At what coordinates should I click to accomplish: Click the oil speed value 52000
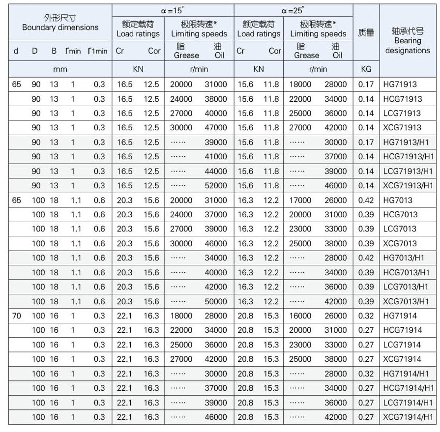tap(216, 186)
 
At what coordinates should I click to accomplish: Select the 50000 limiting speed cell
tap(216, 302)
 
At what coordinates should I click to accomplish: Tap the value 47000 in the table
tap(216, 128)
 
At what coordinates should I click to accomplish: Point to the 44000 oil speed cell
tap(216, 172)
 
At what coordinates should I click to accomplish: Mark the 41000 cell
tap(216, 157)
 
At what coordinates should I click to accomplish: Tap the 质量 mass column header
tap(366, 33)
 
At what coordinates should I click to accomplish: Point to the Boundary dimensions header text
tap(60, 28)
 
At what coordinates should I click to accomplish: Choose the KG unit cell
tap(366, 69)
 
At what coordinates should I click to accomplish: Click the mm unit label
tap(60, 69)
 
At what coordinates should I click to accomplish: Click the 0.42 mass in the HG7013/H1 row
tap(366, 258)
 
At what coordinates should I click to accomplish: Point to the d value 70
tap(16, 316)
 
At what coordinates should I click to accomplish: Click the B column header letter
tap(54, 51)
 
